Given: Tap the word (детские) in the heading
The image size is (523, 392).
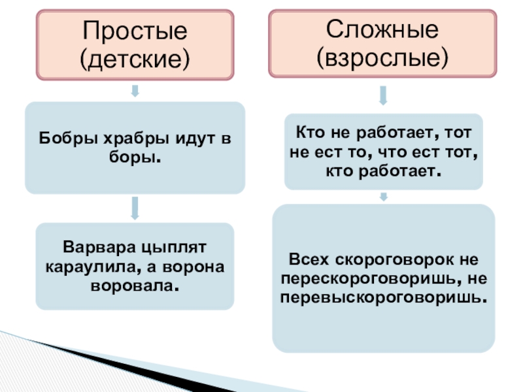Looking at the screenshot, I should (135, 59).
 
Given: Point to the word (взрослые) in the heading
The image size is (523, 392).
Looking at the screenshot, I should (382, 58).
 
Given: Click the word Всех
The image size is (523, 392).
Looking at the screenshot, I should (308, 259).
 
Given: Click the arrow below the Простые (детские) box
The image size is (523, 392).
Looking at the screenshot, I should (135, 90).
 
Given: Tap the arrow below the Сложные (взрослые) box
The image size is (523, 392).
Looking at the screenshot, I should (383, 96).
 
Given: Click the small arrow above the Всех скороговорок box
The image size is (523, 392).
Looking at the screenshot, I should (383, 196).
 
